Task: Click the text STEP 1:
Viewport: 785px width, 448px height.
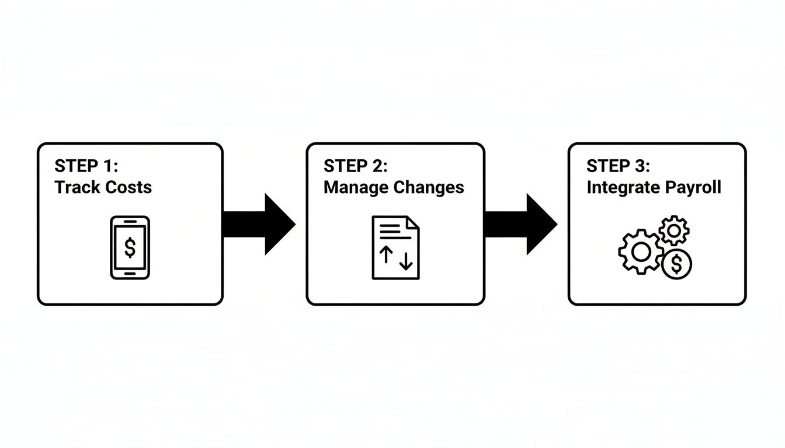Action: (x=86, y=166)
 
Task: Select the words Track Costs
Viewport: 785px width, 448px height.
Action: (x=103, y=187)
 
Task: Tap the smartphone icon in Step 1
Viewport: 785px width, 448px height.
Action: (x=130, y=247)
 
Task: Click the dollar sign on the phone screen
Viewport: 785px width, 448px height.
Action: (x=130, y=247)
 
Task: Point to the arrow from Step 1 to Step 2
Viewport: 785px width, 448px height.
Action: (x=259, y=224)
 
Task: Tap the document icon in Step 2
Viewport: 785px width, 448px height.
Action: (x=395, y=247)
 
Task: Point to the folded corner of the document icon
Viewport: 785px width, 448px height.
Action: (x=413, y=222)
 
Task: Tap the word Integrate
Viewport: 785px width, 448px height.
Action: (x=622, y=187)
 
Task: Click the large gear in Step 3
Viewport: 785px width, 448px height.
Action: (x=641, y=252)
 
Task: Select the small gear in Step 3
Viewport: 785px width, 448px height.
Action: (x=674, y=231)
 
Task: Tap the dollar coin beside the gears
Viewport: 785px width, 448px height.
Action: (x=676, y=264)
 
